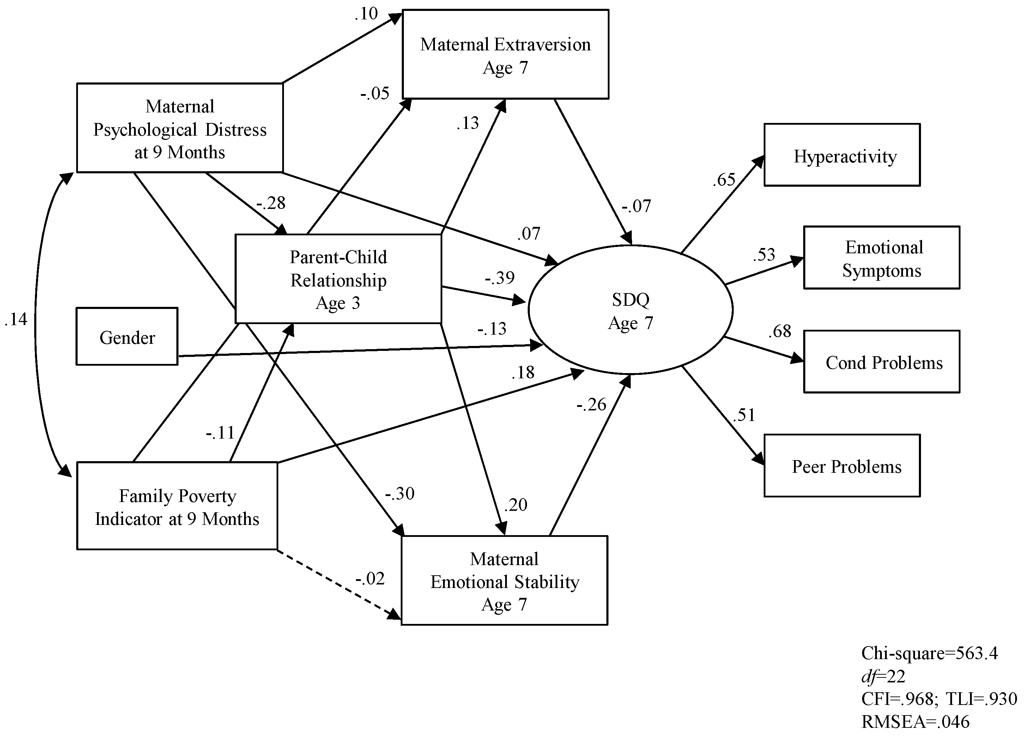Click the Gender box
[x=127, y=336]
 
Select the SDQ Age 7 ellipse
[x=630, y=310]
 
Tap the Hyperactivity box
[x=842, y=155]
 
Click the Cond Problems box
[x=881, y=362]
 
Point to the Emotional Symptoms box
[x=881, y=258]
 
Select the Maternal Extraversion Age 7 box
[x=505, y=55]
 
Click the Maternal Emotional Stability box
[x=504, y=581]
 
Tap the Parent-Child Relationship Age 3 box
[x=338, y=279]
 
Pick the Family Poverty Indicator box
[x=177, y=506]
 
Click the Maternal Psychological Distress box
[x=180, y=128]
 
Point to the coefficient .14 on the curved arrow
[x=16, y=319]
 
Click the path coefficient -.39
[x=499, y=278]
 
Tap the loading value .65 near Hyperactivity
[x=724, y=180]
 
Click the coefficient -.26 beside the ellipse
[x=591, y=404]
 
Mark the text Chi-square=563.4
[x=929, y=653]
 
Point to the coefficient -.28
[x=271, y=203]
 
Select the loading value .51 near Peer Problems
[x=744, y=415]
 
